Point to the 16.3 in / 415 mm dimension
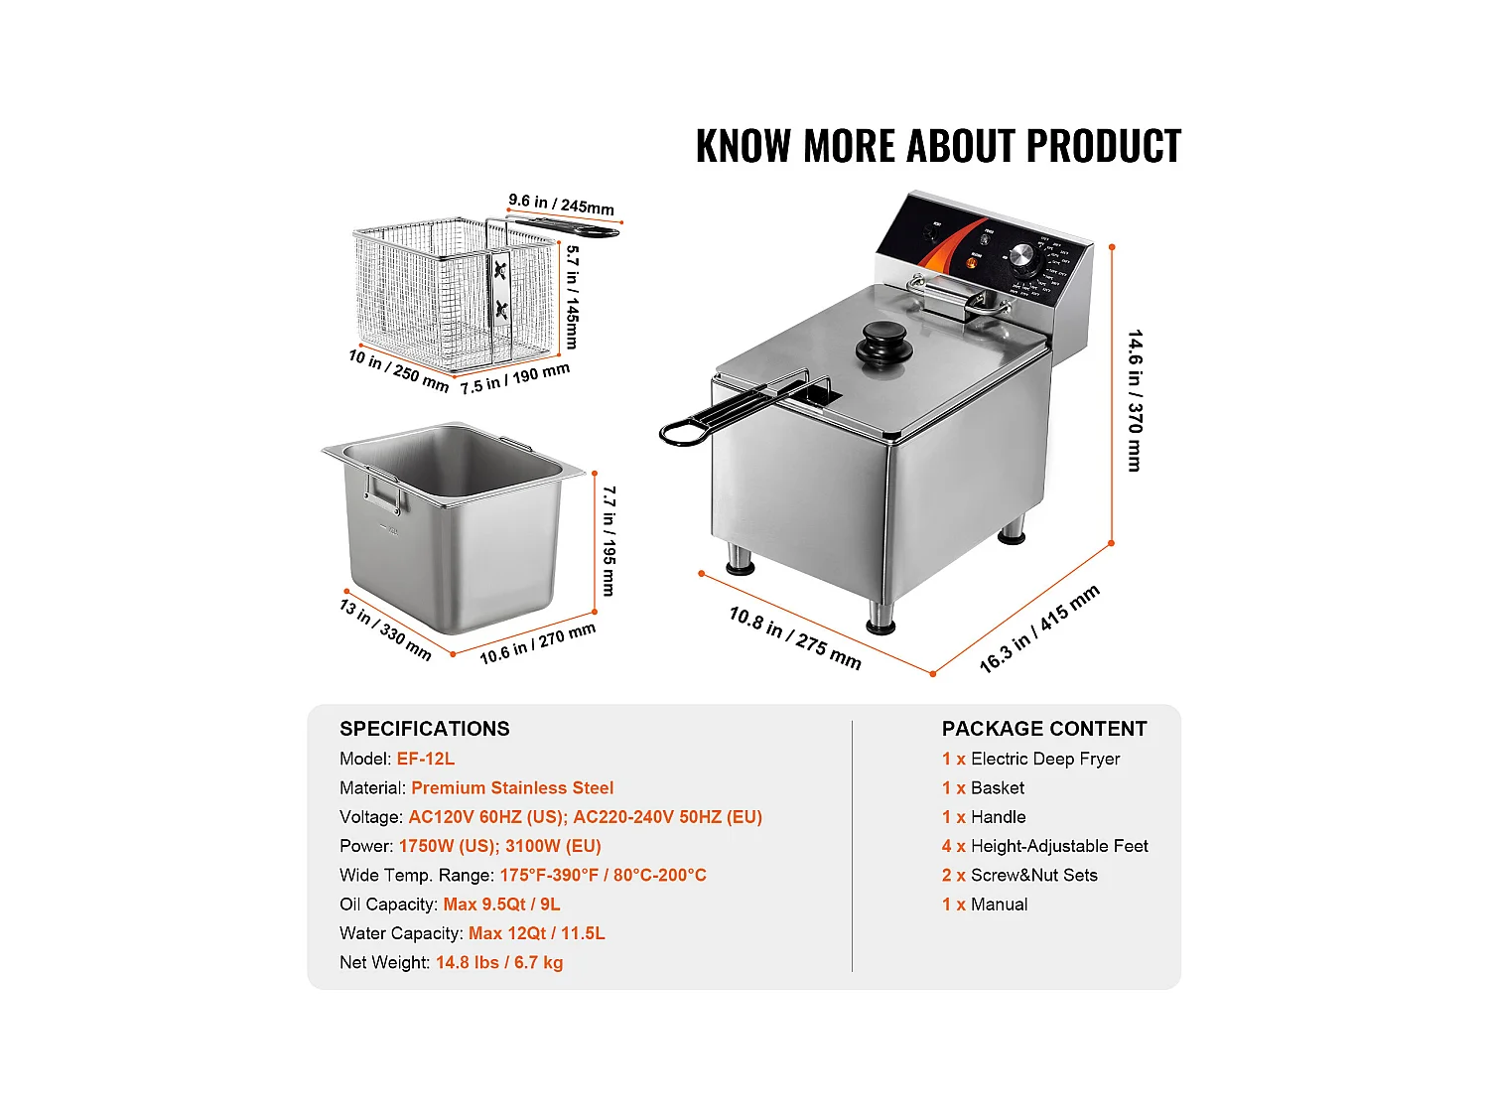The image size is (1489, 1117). click(x=1039, y=628)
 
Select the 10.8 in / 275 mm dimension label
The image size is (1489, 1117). click(x=795, y=636)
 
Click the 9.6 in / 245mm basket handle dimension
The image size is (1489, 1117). click(x=561, y=204)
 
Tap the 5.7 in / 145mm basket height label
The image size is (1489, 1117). click(x=573, y=297)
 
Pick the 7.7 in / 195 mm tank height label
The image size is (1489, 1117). click(x=609, y=540)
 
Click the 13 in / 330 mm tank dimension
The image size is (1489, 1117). click(x=385, y=628)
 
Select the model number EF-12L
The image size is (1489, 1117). click(x=426, y=759)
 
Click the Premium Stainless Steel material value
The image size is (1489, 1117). click(x=512, y=787)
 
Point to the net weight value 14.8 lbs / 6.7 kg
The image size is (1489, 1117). click(x=499, y=962)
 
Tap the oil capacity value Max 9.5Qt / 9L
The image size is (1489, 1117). click(x=501, y=905)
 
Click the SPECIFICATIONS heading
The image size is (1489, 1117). click(x=425, y=729)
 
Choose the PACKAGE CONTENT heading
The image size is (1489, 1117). click(x=1044, y=729)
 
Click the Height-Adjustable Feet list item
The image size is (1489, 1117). click(x=1058, y=846)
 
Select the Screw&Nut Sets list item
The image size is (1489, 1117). click(x=1033, y=875)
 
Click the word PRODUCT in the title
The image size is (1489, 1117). click(x=1103, y=146)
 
